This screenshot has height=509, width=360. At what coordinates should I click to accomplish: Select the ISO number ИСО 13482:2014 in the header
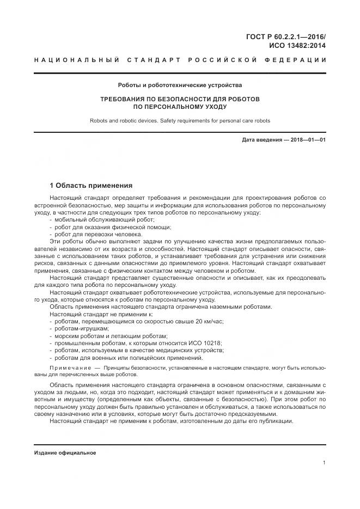[x=297, y=46]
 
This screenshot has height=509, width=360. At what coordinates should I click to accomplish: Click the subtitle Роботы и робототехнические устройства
[x=180, y=85]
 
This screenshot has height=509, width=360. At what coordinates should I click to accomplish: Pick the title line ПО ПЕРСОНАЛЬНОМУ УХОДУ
[x=180, y=107]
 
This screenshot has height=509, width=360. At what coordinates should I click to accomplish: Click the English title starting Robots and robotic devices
[x=180, y=121]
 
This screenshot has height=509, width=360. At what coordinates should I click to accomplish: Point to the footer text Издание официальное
[x=65, y=452]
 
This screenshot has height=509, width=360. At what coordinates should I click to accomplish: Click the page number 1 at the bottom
[x=324, y=463]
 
